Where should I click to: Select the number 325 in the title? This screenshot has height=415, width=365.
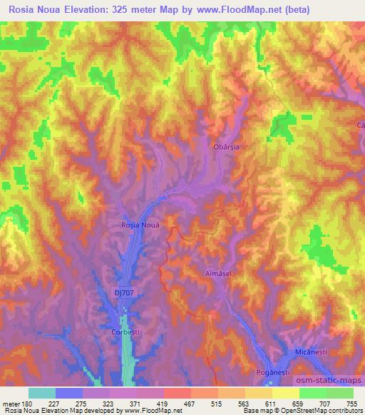137,9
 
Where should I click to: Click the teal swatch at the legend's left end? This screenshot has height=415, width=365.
42,393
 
